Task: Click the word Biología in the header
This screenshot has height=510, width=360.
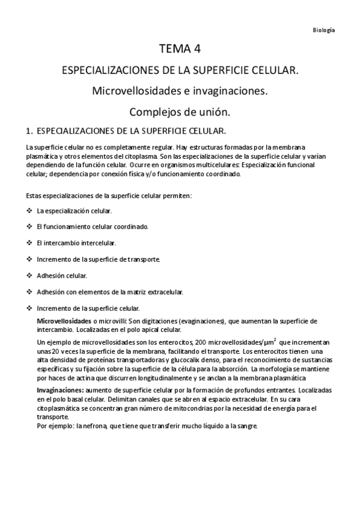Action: [x=325, y=29]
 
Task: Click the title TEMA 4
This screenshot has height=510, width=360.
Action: [x=180, y=49]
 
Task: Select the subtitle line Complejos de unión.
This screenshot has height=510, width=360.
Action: [x=180, y=112]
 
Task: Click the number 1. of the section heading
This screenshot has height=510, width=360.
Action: [x=29, y=131]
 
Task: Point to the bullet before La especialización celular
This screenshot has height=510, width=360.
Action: [x=29, y=211]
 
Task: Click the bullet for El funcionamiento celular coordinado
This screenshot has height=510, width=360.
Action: [x=29, y=227]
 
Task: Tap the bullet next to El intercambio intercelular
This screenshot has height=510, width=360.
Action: [x=29, y=243]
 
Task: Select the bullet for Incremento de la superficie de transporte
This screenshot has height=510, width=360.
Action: [x=29, y=259]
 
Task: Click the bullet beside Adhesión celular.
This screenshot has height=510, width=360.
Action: [x=29, y=275]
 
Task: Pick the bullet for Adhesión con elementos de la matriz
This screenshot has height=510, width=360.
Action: [x=29, y=292]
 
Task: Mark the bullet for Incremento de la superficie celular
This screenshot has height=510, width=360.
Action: [x=29, y=308]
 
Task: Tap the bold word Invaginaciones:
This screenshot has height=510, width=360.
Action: [x=63, y=390]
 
